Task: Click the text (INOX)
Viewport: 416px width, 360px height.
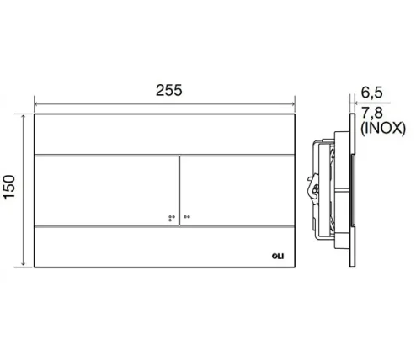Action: point(383,129)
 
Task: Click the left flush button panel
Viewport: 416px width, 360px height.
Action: point(106,191)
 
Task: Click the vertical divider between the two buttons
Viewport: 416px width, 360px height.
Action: point(179,191)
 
